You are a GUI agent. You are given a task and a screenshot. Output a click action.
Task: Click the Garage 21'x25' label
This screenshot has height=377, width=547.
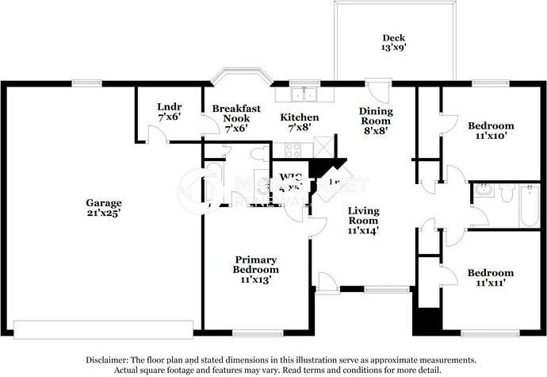tap(103, 208)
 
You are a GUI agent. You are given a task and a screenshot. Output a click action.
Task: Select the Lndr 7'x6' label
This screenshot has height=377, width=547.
tap(169, 111)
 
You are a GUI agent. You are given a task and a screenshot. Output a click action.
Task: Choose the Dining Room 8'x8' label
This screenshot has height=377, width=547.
tap(375, 121)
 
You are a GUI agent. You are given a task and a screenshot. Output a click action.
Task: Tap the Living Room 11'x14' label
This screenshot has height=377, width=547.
tap(364, 220)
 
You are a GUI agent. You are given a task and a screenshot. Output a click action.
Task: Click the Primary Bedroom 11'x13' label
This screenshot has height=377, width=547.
tap(255, 269)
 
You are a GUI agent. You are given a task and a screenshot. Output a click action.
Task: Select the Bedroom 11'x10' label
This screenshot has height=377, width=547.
tap(490, 130)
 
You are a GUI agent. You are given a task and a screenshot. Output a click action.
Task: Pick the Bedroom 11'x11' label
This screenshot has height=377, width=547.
tap(490, 278)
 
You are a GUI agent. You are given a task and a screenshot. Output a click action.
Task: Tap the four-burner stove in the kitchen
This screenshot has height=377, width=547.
tap(293, 148)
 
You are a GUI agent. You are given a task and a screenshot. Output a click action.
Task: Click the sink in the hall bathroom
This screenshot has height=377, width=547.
tap(483, 190)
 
